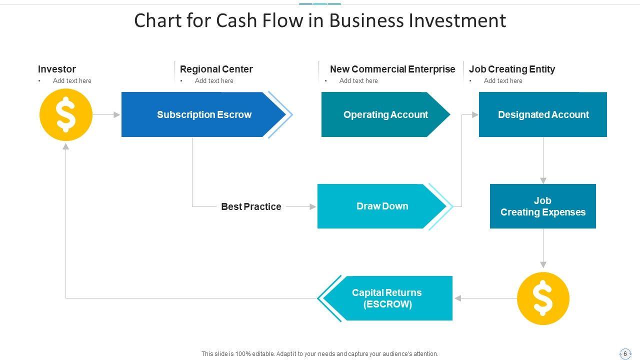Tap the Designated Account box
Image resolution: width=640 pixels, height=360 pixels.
(543, 114)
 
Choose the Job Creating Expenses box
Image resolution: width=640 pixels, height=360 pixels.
(543, 206)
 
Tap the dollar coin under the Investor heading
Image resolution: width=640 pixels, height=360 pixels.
(66, 115)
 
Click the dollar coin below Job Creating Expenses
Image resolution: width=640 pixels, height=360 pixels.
(543, 298)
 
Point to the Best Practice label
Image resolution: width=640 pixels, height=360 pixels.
(251, 206)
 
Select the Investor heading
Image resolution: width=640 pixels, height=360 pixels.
(57, 69)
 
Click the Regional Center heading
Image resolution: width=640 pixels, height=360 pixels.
(216, 69)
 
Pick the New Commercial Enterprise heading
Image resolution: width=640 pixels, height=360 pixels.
(392, 69)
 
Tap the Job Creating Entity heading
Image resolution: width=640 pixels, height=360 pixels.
(512, 69)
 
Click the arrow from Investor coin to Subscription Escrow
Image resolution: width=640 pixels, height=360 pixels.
(106, 115)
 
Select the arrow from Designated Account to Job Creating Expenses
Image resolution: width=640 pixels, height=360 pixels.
(543, 160)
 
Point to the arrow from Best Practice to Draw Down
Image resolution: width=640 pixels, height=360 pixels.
(301, 206)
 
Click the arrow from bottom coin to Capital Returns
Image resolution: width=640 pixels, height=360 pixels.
(485, 298)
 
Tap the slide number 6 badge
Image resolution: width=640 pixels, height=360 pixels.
(625, 353)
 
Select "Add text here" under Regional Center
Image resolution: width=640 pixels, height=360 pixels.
(214, 80)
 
